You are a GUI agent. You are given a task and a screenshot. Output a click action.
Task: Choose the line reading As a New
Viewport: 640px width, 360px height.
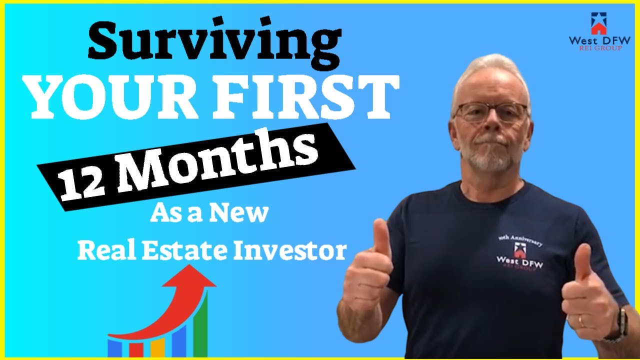point(208,213)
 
